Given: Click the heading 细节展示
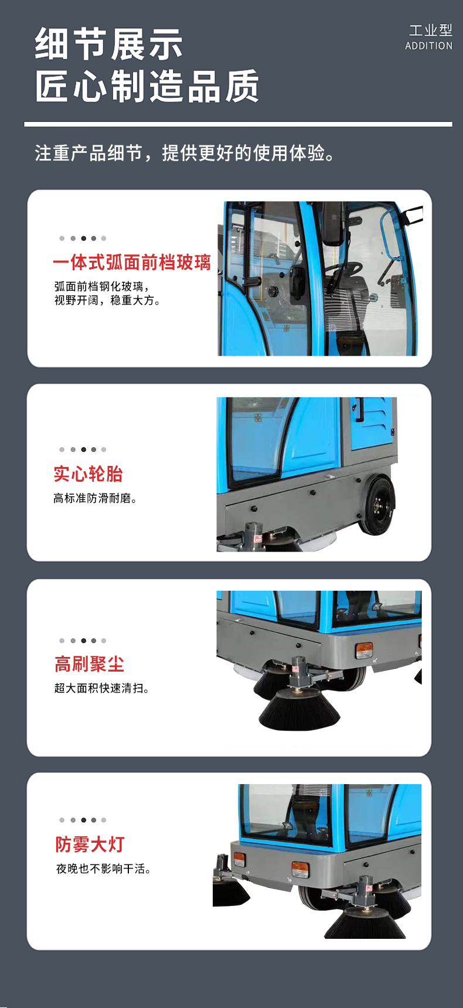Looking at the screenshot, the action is click(109, 44).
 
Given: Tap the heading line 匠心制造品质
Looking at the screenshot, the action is click(147, 86).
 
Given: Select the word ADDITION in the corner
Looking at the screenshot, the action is click(429, 46).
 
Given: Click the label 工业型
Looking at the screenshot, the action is click(431, 30).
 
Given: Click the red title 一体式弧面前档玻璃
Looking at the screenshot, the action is click(132, 262).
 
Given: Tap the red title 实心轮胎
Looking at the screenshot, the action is click(88, 474).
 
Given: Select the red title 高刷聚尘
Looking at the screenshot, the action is click(89, 664).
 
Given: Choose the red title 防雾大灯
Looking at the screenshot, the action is click(90, 844).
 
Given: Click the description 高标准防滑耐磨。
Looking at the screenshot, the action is click(95, 498).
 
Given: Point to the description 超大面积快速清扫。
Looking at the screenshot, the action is click(101, 688).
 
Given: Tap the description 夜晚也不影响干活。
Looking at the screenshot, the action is click(103, 869).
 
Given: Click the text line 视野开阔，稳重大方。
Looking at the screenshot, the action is click(107, 301).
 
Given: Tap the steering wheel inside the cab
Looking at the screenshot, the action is click(344, 268).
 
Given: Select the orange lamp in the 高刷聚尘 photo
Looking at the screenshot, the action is click(364, 650).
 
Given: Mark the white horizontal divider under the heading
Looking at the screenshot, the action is click(238, 124).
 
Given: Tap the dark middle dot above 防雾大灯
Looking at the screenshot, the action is click(83, 820).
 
